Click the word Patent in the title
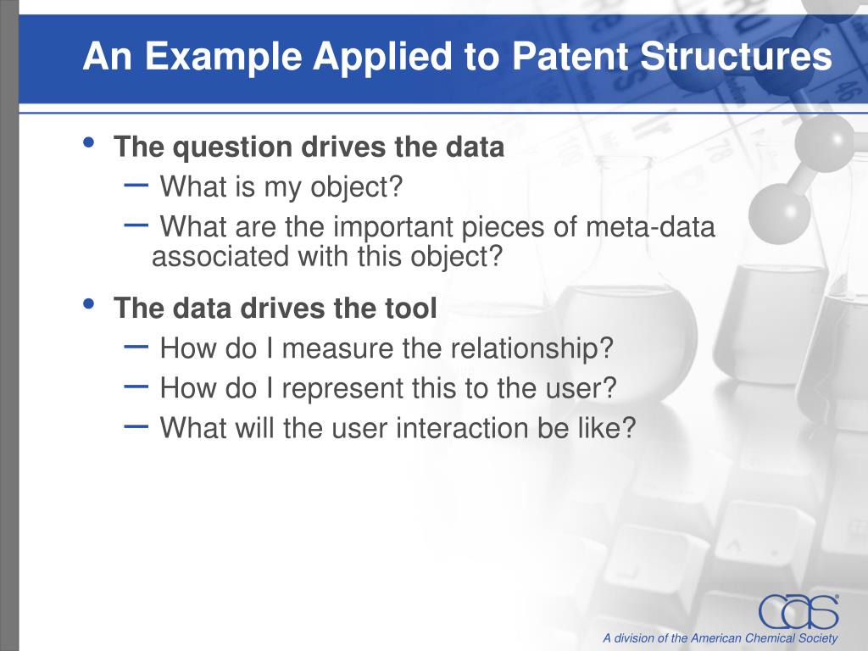570,56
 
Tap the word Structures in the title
737,56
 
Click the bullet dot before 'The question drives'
88,142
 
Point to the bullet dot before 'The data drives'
88,303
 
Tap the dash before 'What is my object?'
136,185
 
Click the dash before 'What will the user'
136,426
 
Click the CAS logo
798,612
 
